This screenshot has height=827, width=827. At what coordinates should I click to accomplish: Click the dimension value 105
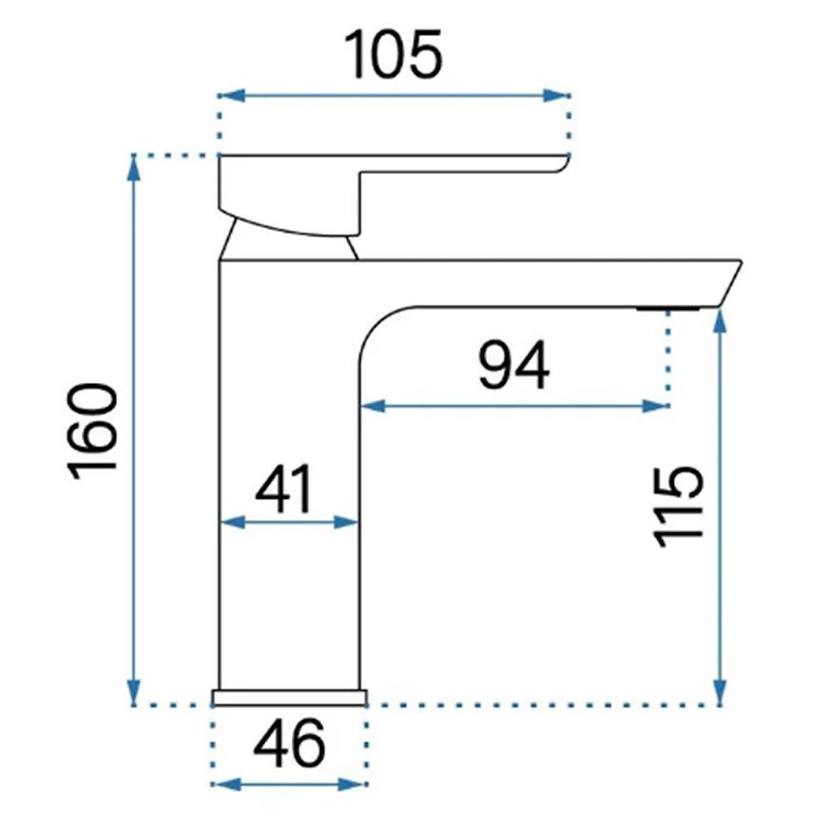pos(394,55)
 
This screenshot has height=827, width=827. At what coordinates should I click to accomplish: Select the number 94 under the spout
pos(513,367)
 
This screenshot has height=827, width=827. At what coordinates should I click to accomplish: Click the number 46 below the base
pos(289,744)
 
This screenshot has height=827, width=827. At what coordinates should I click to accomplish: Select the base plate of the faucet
pos(289,698)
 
